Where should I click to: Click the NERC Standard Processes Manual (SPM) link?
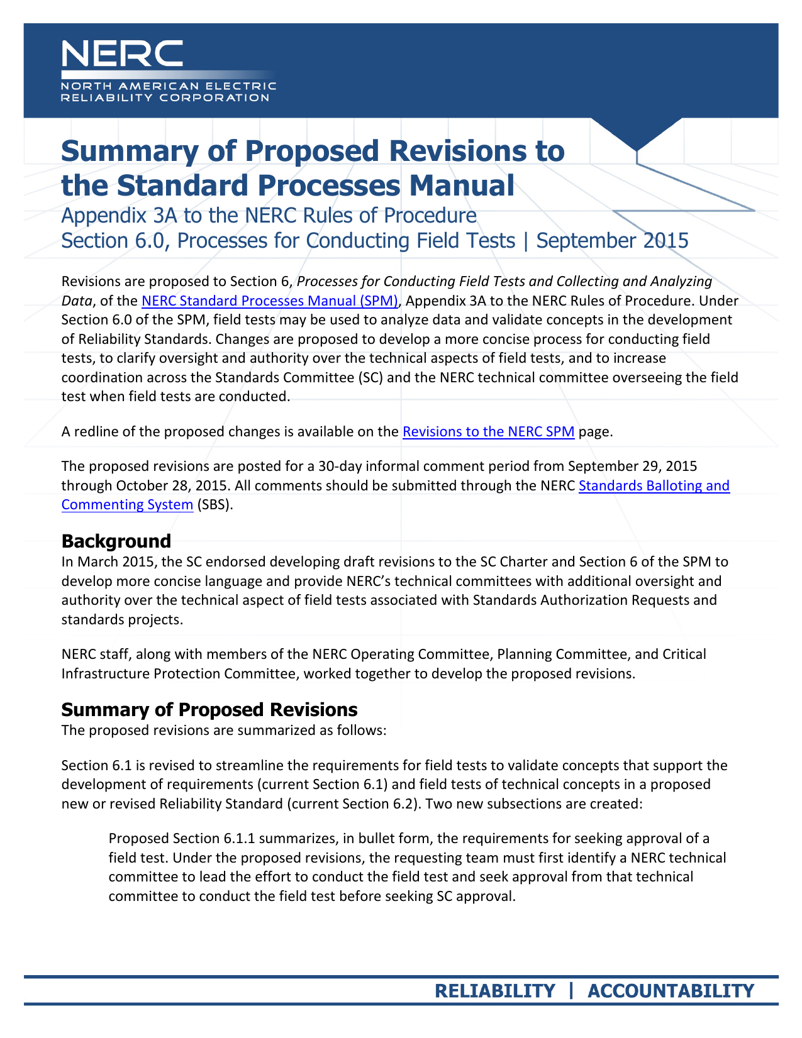pyautogui.click(x=270, y=301)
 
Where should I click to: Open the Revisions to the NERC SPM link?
pyautogui.click(x=488, y=432)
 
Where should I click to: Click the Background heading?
pyautogui.click(x=116, y=541)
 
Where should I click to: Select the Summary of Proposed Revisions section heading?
pyautogui.click(x=209, y=710)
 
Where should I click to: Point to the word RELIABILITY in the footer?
pyautogui.click(x=495, y=991)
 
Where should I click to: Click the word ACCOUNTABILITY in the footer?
pyautogui.click(x=671, y=991)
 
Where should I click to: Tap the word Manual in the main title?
pyautogui.click(x=462, y=185)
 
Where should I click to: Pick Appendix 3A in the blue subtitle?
pyautogui.click(x=120, y=216)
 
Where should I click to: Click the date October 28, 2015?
pyautogui.click(x=163, y=486)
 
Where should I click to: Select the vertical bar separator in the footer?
pyautogui.click(x=571, y=991)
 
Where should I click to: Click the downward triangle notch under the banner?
pyautogui.click(x=637, y=134)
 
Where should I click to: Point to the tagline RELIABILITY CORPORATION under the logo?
pyautogui.click(x=165, y=97)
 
